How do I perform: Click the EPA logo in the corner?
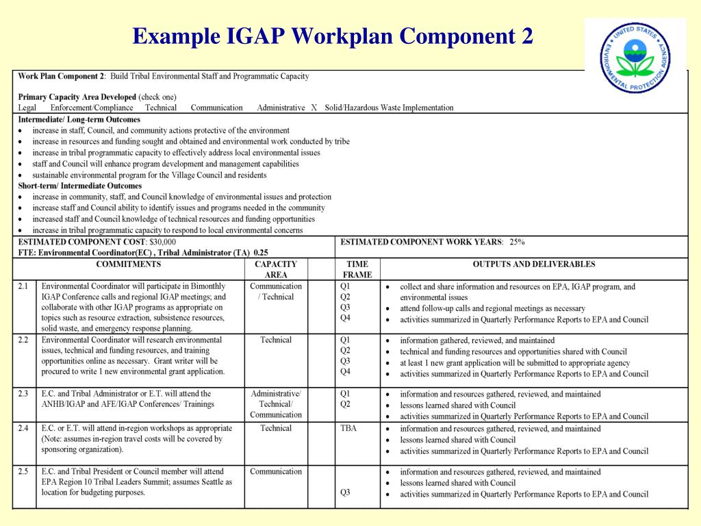[635, 58]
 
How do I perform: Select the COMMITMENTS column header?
[129, 264]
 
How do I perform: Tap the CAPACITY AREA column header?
[276, 269]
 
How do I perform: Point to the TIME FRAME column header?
[357, 269]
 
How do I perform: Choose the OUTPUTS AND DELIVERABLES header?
[534, 264]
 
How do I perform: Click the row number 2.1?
[23, 286]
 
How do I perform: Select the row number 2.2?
[23, 340]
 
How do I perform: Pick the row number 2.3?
[23, 394]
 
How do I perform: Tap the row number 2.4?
[23, 428]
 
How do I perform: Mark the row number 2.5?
[23, 471]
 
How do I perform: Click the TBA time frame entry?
[348, 429]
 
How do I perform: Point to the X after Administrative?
[314, 108]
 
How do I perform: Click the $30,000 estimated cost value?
[163, 242]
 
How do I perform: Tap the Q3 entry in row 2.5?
[346, 492]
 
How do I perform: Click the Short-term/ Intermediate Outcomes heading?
[80, 186]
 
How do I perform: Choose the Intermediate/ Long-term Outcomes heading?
[79, 119]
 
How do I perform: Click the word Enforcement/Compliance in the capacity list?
[92, 108]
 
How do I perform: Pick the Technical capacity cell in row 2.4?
[276, 429]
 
